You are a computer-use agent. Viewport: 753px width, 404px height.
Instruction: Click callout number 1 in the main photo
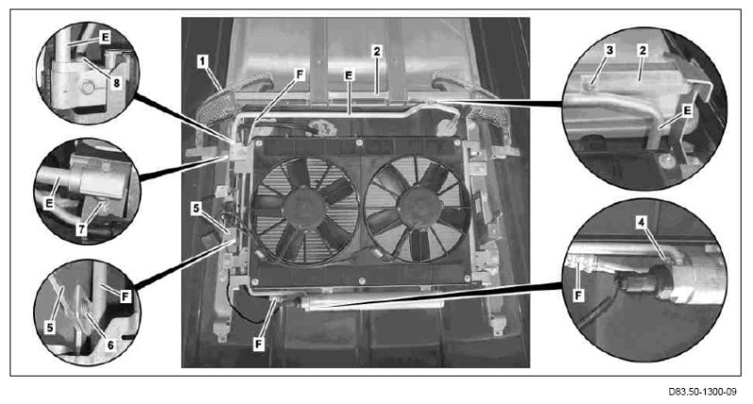pos(203,61)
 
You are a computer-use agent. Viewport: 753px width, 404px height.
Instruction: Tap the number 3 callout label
pos(610,50)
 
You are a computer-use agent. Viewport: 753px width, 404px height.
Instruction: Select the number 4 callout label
pos(642,222)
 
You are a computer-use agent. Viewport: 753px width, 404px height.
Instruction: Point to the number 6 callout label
pos(110,345)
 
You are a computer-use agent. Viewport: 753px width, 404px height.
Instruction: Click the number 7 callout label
pos(82,230)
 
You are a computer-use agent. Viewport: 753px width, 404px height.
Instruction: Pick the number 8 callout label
pos(116,83)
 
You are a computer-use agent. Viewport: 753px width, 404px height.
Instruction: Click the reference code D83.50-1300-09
pos(702,392)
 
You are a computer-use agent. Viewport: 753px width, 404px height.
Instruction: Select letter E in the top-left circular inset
pos(105,37)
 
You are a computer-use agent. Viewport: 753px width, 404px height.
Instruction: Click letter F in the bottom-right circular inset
pos(579,296)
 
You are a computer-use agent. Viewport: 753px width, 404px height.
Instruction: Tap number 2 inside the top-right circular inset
pos(643,50)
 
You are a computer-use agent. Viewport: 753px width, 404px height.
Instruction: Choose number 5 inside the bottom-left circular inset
pos(50,328)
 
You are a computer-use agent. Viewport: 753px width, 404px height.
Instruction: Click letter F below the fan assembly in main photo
pos(259,344)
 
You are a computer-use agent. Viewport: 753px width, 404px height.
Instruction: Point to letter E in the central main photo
pos(349,75)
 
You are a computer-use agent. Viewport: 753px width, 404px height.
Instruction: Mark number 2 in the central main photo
pos(377,51)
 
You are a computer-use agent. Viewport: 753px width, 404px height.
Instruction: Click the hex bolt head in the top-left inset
pos(88,88)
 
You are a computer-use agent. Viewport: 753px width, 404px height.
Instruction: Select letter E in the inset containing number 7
pos(49,203)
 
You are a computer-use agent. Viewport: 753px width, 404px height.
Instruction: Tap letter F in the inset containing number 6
pos(125,297)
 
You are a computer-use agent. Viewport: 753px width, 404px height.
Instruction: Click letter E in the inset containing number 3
pos(687,111)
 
